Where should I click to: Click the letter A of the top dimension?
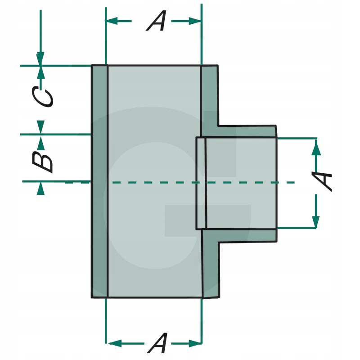coord(156,21)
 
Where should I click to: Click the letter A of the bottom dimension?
coord(158,343)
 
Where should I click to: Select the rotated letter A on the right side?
coord(322,181)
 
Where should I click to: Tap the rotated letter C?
coord(42,96)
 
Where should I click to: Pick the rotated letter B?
coord(42,162)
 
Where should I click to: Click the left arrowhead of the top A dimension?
coord(112,21)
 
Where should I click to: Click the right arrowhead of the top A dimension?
coord(195,21)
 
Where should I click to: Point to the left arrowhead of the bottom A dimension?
coord(115,344)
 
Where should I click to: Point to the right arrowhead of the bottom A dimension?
coord(195,344)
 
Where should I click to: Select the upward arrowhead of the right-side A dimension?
coord(316,147)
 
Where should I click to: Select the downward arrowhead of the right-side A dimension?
coord(316,221)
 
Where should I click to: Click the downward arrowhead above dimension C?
coord(40,58)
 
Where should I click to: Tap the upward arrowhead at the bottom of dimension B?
coord(40,189)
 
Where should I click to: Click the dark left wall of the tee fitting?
coord(99,181)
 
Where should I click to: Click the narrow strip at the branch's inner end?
coord(201,183)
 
